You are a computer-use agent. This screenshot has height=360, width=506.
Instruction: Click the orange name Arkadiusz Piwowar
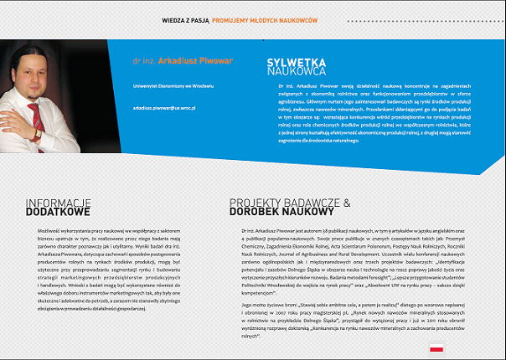click(x=194, y=61)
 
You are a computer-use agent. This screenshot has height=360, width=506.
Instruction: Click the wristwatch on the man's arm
click(x=37, y=134)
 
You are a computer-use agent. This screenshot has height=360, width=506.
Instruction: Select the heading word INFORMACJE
click(x=58, y=203)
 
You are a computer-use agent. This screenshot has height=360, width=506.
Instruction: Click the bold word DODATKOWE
click(x=58, y=213)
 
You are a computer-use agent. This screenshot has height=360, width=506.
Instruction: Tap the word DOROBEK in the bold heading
click(x=256, y=213)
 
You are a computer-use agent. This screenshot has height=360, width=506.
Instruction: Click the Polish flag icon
click(x=436, y=346)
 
